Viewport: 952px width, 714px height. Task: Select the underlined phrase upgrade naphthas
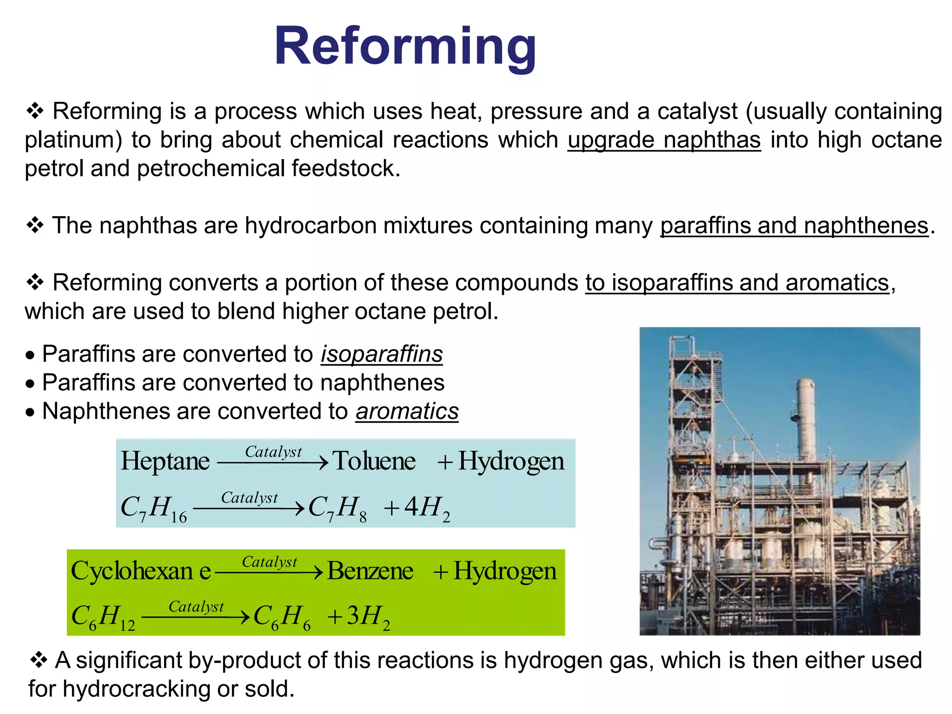(664, 140)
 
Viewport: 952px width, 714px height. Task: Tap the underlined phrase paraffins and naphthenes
(794, 226)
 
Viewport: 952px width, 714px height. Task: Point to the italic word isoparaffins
(381, 354)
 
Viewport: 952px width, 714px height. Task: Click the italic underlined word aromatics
(407, 411)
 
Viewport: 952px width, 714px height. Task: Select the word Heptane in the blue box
(165, 461)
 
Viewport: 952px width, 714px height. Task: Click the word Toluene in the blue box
(374, 461)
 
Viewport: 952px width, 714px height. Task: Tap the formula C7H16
(153, 508)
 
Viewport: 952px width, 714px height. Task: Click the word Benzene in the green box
(370, 571)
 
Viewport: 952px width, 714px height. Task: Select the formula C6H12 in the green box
(103, 617)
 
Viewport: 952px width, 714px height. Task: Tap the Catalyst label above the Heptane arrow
(273, 451)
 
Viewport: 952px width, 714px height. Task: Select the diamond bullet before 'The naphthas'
(35, 225)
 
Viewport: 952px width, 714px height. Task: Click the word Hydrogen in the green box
(504, 571)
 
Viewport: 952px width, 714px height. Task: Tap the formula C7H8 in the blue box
(337, 508)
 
